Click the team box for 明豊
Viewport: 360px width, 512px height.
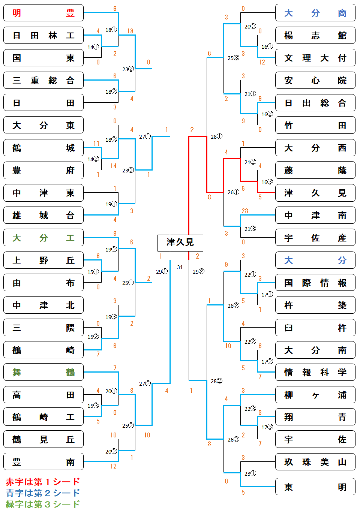[43, 13]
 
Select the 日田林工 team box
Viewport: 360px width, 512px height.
[43, 36]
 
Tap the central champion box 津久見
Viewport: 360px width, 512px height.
[180, 243]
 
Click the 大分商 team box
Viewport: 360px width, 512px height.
[315, 13]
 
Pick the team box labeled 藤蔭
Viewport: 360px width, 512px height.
[315, 171]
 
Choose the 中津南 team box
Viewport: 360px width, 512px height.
[315, 216]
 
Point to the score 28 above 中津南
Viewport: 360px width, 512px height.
[245, 211]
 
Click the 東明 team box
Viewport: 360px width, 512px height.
[315, 487]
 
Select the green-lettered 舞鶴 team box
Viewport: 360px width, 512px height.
[43, 372]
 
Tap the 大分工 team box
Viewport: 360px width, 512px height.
[43, 238]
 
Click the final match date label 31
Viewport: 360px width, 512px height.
[180, 267]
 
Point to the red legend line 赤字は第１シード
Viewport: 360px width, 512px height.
[43, 482]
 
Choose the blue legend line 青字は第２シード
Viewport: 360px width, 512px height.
[43, 493]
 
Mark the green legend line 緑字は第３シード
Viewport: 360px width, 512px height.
[43, 504]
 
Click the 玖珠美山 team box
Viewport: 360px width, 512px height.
[315, 462]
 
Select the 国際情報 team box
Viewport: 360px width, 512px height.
[315, 283]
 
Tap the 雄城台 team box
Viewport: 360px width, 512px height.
[43, 216]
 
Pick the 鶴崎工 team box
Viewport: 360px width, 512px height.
[43, 417]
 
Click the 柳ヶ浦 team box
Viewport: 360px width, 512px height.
[315, 395]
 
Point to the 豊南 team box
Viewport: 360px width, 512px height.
[43, 462]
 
